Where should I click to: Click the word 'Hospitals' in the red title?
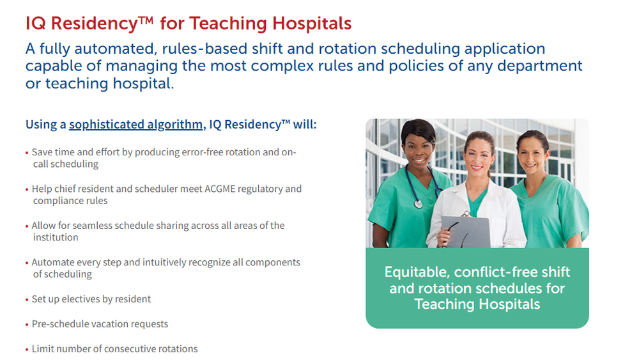click(x=312, y=23)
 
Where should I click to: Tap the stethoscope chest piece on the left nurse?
click(x=418, y=203)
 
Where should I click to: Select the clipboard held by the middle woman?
click(x=466, y=231)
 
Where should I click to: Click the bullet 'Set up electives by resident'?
click(x=91, y=299)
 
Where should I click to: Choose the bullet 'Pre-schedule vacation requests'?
click(x=100, y=324)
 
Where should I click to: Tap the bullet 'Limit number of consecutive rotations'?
click(x=114, y=348)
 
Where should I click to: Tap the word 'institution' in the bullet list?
click(x=56, y=237)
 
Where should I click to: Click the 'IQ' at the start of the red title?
click(x=35, y=23)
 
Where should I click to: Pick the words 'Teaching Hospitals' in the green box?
click(x=477, y=304)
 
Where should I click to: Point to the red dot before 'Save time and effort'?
click(x=27, y=153)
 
